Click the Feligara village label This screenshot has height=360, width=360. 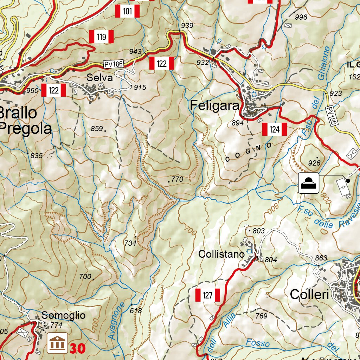[x=215, y=105]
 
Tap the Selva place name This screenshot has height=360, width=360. [x=101, y=78]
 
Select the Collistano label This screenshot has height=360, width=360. [x=221, y=254]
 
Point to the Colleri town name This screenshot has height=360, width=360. [x=309, y=295]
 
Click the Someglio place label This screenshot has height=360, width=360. [x=63, y=315]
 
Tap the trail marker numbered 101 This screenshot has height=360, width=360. [x=127, y=12]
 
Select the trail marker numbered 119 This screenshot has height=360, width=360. [x=101, y=37]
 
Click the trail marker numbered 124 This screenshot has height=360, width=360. [x=275, y=129]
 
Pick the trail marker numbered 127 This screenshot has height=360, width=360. [x=207, y=295]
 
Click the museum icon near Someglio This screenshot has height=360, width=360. [x=57, y=343]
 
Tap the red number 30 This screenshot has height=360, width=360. [x=77, y=348]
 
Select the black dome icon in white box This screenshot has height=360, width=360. [x=308, y=183]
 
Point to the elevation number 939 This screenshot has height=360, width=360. [x=187, y=25]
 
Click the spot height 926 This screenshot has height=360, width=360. [x=314, y=163]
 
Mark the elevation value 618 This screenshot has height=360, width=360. [x=136, y=311]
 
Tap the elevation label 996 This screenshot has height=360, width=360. [x=301, y=17]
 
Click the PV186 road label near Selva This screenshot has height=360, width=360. [x=113, y=64]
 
